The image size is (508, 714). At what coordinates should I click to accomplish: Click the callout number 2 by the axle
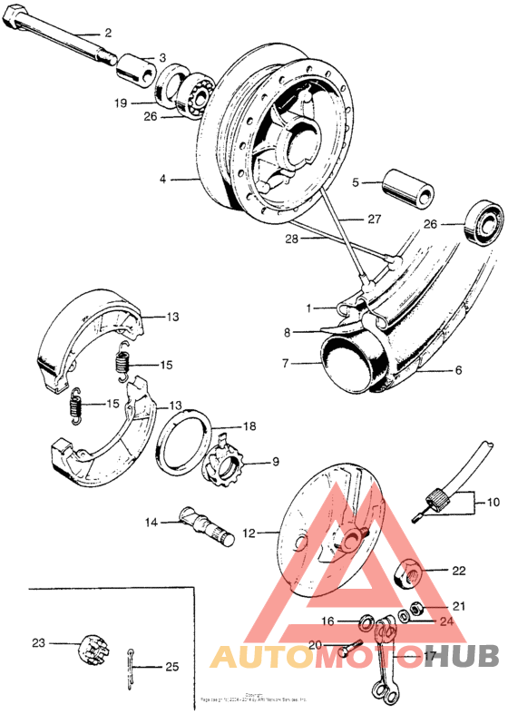coord(108,33)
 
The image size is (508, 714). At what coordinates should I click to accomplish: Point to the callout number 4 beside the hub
coord(163,180)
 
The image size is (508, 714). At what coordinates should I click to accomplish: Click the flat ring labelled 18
coord(188,440)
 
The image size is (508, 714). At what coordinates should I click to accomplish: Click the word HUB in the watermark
coord(463,657)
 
